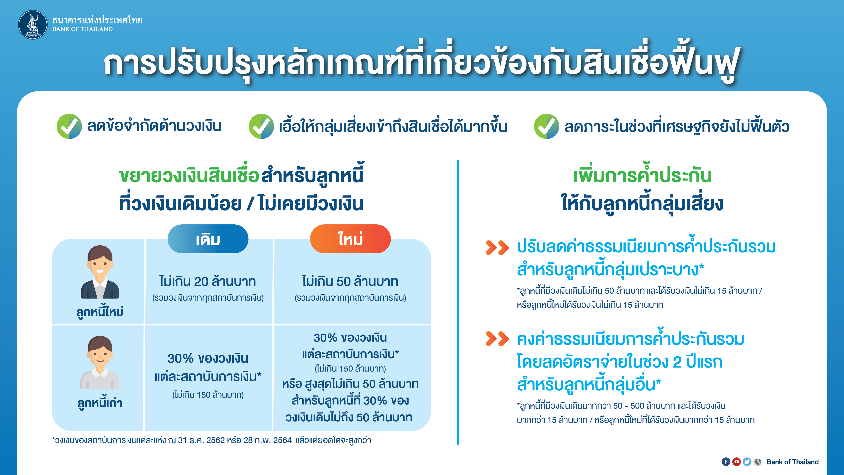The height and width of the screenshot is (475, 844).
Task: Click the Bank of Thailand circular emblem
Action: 33,24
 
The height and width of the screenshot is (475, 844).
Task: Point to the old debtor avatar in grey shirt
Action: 100,362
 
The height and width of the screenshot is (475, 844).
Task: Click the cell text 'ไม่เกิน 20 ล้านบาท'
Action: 207,281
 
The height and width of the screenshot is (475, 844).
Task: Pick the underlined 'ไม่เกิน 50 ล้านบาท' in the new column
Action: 350,281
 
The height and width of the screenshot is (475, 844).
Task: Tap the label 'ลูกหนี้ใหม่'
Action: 100,311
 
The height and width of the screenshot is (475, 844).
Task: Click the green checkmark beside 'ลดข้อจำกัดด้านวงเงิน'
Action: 69,126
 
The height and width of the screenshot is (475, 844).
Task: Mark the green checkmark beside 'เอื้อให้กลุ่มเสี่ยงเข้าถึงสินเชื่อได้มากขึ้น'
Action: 261,126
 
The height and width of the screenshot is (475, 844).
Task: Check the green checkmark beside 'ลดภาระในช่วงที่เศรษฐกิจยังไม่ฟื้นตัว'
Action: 546,126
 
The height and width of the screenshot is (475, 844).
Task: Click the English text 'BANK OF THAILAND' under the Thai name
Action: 83,29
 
